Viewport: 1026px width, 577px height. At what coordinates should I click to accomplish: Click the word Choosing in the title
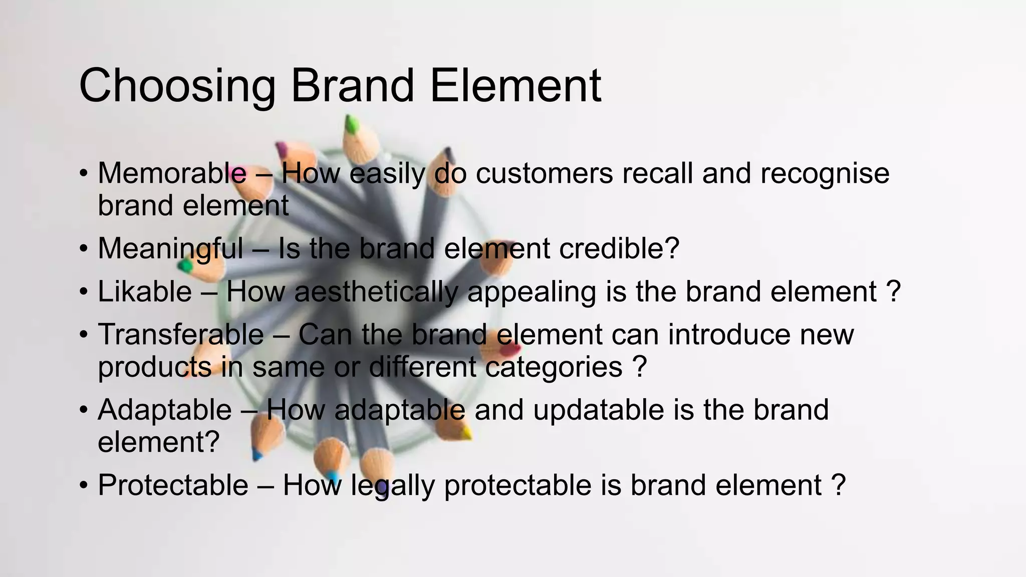(177, 86)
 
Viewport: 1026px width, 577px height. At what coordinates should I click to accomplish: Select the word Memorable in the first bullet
(172, 173)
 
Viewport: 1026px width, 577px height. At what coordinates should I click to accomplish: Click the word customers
(544, 173)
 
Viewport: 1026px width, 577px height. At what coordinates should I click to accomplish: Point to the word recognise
(825, 173)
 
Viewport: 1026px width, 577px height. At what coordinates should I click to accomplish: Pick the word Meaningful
(170, 248)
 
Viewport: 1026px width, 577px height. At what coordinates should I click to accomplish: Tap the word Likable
(144, 292)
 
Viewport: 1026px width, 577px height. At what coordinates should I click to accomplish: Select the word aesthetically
(376, 292)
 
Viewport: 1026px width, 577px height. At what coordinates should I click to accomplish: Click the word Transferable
(180, 335)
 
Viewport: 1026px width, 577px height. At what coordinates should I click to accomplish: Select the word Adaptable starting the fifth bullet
(164, 410)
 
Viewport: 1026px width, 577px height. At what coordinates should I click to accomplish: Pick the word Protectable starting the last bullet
(173, 485)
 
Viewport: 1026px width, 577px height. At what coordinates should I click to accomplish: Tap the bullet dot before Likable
(84, 292)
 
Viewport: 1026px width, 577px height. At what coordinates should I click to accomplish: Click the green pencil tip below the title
(352, 123)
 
